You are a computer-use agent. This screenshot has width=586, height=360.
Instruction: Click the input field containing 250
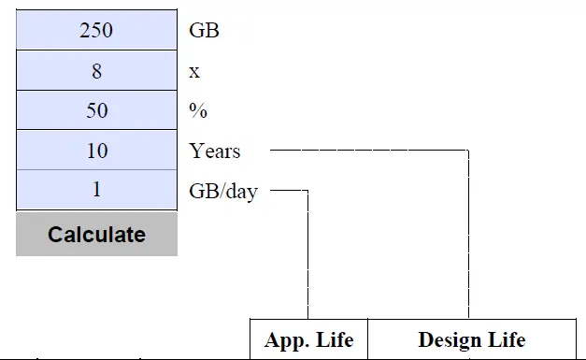(x=96, y=30)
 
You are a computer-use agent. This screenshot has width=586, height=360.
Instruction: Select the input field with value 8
(x=96, y=70)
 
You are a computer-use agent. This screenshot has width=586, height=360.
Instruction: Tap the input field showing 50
(x=96, y=110)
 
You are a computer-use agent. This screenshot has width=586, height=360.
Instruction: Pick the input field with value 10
(x=96, y=151)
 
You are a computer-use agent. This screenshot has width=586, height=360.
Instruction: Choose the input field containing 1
(x=96, y=190)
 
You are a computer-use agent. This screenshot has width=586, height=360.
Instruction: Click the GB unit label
(x=204, y=30)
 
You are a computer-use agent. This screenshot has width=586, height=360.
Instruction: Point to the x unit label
(x=194, y=71)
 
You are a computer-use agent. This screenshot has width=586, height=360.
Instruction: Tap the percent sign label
(x=198, y=110)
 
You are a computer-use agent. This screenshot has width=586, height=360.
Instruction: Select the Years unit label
(x=214, y=151)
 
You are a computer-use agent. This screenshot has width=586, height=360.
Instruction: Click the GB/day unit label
(x=223, y=191)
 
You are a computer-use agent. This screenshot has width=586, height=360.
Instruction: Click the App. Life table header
(x=308, y=339)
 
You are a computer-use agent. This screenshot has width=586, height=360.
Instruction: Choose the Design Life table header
(x=471, y=339)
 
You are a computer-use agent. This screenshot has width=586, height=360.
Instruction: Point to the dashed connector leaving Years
(x=374, y=150)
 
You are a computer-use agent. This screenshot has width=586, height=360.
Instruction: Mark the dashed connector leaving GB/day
(x=307, y=252)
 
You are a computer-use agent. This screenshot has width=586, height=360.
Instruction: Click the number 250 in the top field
(x=96, y=30)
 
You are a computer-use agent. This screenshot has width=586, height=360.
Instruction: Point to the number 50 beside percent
(x=96, y=110)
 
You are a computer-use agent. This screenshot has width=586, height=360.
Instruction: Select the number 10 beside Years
(x=96, y=151)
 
